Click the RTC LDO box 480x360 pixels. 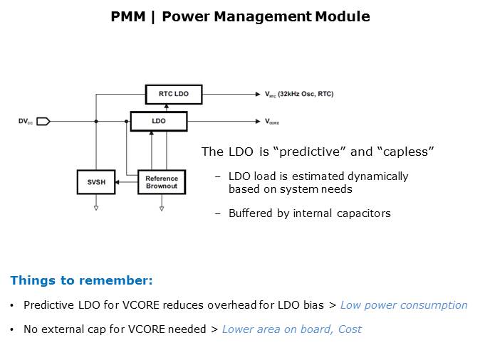click(x=173, y=94)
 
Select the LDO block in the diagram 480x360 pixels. click(x=159, y=122)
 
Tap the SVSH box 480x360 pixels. click(x=95, y=182)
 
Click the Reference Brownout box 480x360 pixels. click(x=162, y=182)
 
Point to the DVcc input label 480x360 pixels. click(x=26, y=122)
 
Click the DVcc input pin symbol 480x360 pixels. click(x=43, y=122)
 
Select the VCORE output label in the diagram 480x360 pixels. click(x=272, y=122)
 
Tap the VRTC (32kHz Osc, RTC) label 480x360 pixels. click(x=299, y=94)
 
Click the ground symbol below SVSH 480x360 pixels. click(x=95, y=208)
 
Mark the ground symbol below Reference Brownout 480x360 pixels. click(x=162, y=208)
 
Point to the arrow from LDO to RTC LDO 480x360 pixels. click(x=165, y=107)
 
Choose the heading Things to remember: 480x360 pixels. click(x=81, y=280)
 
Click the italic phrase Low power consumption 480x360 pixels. click(x=404, y=305)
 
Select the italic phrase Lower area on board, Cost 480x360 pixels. click(x=291, y=329)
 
